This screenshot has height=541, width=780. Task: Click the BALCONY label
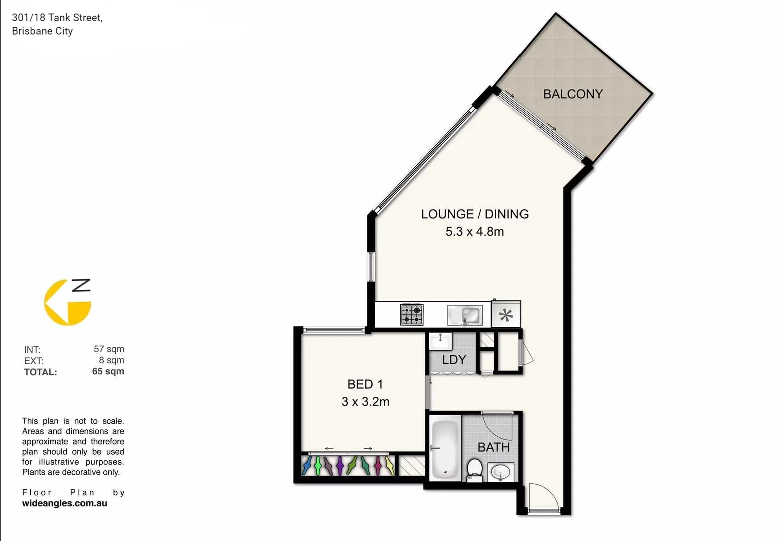pyautogui.click(x=573, y=94)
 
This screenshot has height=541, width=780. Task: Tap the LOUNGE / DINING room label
pyautogui.click(x=474, y=214)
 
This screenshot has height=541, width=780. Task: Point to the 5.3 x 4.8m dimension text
pyautogui.click(x=474, y=232)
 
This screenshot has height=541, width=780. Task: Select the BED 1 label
pyautogui.click(x=365, y=384)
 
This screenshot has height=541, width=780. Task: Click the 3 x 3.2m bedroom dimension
pyautogui.click(x=365, y=402)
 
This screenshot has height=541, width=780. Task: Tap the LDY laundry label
pyautogui.click(x=454, y=360)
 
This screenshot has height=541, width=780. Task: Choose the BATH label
pyautogui.click(x=493, y=447)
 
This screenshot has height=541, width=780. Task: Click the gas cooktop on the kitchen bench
pyautogui.click(x=412, y=315)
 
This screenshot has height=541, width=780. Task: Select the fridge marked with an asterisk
pyautogui.click(x=506, y=315)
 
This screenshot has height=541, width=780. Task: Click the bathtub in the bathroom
pyautogui.click(x=445, y=449)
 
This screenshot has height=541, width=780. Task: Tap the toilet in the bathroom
pyautogui.click(x=474, y=470)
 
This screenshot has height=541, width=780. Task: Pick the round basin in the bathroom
pyautogui.click(x=500, y=472)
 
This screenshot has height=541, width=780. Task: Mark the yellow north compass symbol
pyautogui.click(x=68, y=302)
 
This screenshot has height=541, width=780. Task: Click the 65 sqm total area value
pyautogui.click(x=108, y=371)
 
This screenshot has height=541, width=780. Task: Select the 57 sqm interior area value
pyautogui.click(x=109, y=349)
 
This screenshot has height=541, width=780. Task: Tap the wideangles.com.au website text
pyautogui.click(x=64, y=504)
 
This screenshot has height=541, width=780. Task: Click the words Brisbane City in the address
pyautogui.click(x=42, y=31)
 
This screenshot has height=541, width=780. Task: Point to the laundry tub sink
pyautogui.click(x=440, y=342)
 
